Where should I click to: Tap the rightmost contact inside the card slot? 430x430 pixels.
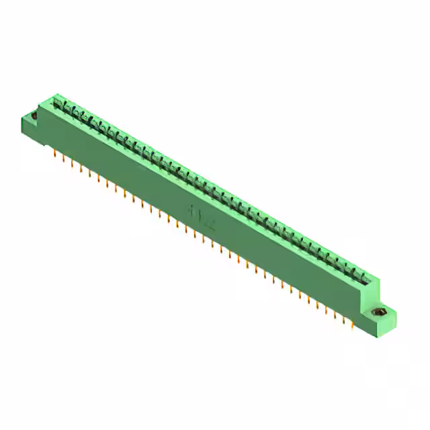pyautogui.click(x=365, y=276)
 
